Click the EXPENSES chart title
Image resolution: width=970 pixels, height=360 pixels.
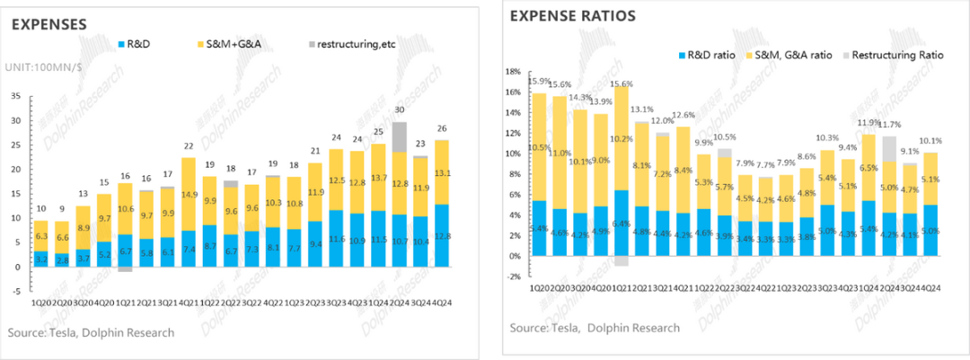pos(48,24)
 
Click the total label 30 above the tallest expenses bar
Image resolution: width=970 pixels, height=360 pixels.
pos(400,110)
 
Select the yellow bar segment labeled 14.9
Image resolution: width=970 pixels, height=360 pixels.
pos(190,193)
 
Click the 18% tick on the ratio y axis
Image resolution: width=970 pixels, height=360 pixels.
pos(514,71)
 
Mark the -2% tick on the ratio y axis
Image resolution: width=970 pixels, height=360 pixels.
pos(514,277)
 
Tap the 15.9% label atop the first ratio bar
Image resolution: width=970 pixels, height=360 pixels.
pos(539,82)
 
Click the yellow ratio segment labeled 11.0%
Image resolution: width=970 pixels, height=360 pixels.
pos(560,153)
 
